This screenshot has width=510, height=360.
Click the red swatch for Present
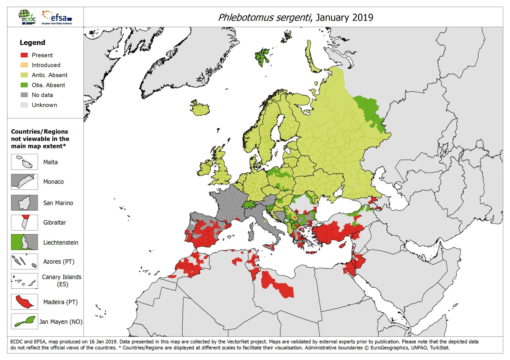point(24,55)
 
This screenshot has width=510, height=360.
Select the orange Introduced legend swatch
point(24,65)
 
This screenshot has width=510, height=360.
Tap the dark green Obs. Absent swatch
point(24,85)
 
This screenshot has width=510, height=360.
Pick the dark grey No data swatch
point(24,95)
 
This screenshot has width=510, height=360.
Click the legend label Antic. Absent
point(50,75)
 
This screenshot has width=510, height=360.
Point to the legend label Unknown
point(44,105)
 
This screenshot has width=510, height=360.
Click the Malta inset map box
point(24,162)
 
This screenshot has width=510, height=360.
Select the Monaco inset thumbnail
point(24,182)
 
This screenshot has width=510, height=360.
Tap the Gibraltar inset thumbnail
point(24,222)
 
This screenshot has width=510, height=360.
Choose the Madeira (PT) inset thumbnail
point(24,302)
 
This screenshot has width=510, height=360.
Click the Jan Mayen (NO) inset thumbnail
point(24,321)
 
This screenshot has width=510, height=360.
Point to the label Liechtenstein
point(61,243)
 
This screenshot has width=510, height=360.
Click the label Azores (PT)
point(59,262)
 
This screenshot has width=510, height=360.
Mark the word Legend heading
point(33,42)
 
